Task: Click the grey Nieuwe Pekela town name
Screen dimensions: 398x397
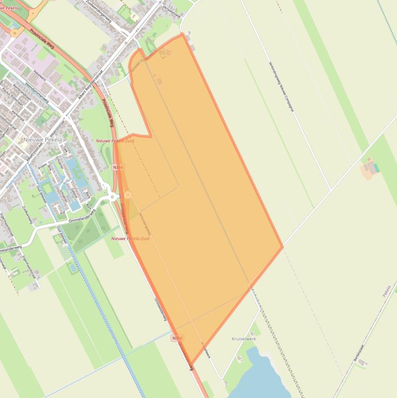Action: tap(42, 140)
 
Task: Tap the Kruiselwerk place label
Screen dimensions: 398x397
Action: tap(244, 339)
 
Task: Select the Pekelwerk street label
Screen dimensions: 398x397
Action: tap(39, 74)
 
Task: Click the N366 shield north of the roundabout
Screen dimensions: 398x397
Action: tap(118, 167)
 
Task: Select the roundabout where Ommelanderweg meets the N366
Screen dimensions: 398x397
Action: tap(113, 196)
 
